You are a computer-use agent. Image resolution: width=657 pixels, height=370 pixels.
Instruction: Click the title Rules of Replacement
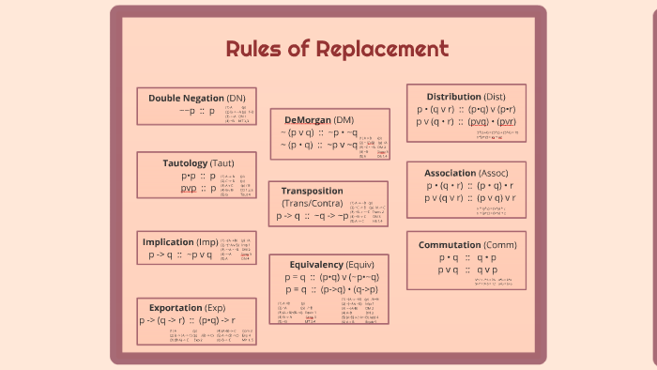337,49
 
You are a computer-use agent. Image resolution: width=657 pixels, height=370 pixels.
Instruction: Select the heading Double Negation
186,98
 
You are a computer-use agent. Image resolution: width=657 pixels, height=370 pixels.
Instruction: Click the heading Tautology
184,163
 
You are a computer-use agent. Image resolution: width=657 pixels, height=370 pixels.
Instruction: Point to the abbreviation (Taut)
222,163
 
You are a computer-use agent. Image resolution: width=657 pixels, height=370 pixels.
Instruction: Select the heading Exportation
176,308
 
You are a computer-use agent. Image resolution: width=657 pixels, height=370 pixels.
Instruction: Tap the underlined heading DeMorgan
307,119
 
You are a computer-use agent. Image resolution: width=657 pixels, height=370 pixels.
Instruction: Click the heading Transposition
312,191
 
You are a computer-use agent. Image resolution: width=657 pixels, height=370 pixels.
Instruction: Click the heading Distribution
453,97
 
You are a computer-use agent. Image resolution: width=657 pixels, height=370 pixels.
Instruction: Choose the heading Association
451,173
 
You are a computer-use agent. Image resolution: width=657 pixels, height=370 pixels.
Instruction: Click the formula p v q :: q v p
466,270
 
